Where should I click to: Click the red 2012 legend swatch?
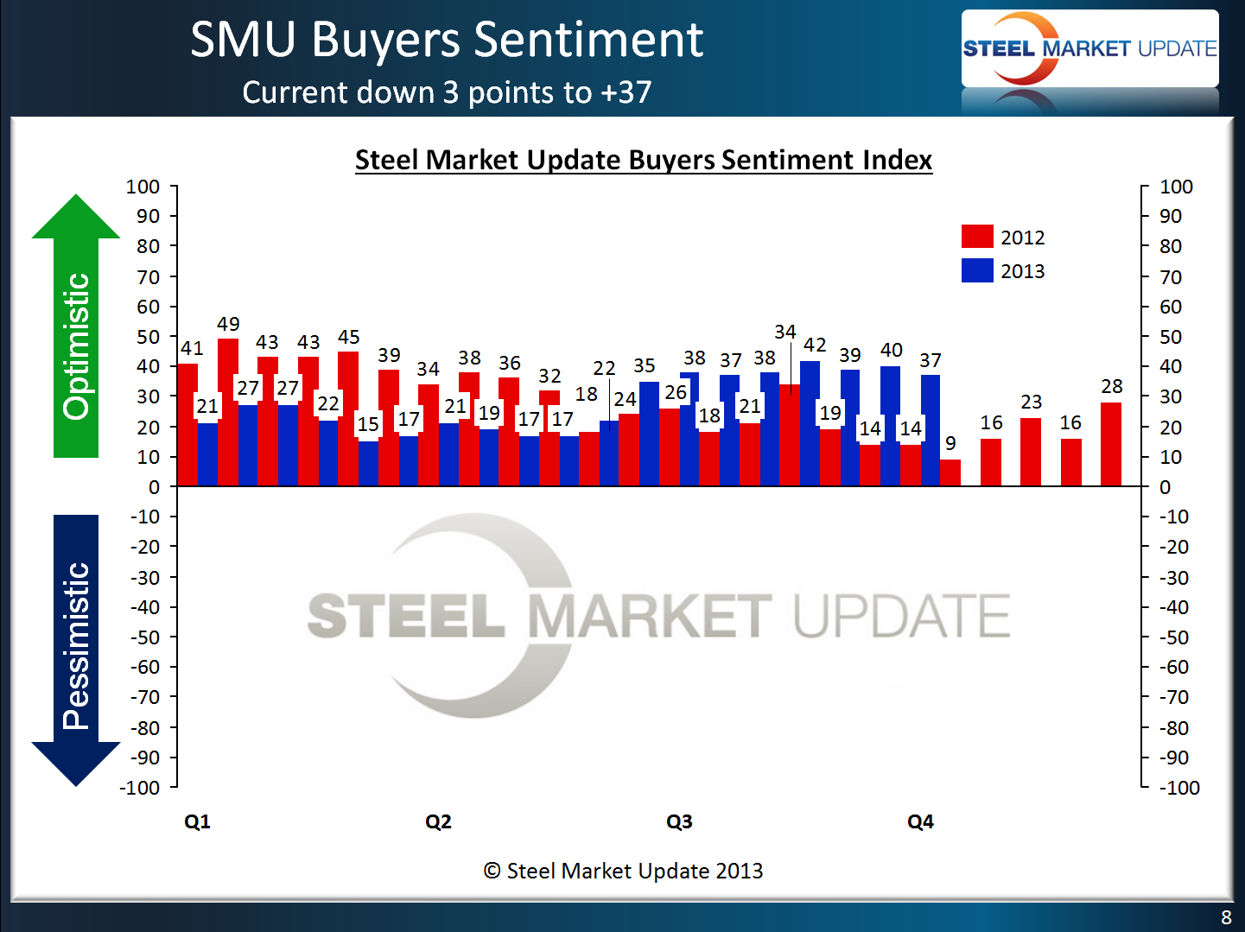point(976,237)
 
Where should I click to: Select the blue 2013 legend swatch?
point(976,270)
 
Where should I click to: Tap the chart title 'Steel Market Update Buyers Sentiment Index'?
point(644,160)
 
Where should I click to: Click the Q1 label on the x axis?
point(197,821)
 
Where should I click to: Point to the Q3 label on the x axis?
point(679,821)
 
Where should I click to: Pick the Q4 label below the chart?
point(920,821)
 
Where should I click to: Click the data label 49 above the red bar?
point(228,324)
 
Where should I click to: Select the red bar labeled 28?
point(1111,444)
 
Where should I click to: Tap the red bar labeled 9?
point(950,472)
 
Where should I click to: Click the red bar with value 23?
point(1031,452)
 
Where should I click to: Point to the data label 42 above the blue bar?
point(815,345)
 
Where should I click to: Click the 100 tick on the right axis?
point(1176,187)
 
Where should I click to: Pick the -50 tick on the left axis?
point(144,637)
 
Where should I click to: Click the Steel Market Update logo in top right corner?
point(1089,48)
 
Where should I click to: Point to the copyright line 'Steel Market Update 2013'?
point(624,871)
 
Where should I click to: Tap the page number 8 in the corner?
point(1226,917)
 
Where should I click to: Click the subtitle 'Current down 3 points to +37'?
point(447,92)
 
